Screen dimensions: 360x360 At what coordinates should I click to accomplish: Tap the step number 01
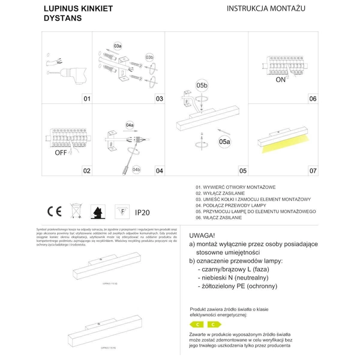(86, 98)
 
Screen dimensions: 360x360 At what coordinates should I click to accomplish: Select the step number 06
(312, 98)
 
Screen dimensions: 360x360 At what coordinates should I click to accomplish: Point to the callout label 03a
(118, 46)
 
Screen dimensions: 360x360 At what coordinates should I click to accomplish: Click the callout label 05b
(202, 86)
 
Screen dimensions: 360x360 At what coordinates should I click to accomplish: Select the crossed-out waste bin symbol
(76, 211)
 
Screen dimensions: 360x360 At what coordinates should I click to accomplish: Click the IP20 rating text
(142, 212)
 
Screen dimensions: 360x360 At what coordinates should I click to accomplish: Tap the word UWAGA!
(202, 235)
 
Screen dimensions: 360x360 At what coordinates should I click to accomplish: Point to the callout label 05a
(224, 142)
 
